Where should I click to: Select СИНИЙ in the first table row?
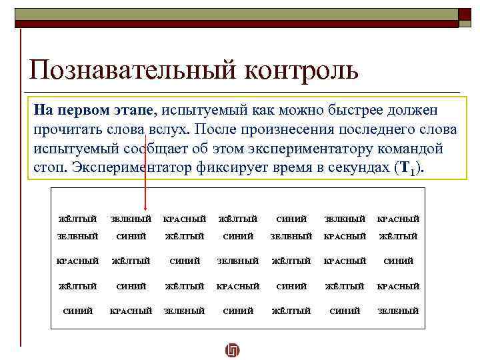(x=291, y=219)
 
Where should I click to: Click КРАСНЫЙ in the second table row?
(x=344, y=236)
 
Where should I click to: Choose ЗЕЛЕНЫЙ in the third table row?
(x=237, y=261)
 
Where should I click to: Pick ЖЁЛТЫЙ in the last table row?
(x=291, y=311)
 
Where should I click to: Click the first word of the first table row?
(x=77, y=219)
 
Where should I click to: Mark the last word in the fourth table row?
(x=398, y=286)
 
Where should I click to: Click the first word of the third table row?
(x=77, y=261)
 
